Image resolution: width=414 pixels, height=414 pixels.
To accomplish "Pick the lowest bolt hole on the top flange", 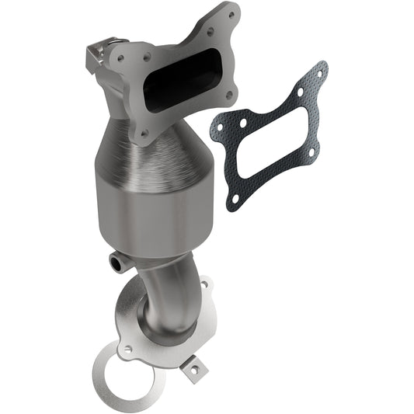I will [x=145, y=134].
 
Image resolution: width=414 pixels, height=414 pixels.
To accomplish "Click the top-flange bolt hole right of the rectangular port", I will [x=228, y=96].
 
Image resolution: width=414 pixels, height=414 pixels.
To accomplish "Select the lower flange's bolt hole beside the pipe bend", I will [x=203, y=285].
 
